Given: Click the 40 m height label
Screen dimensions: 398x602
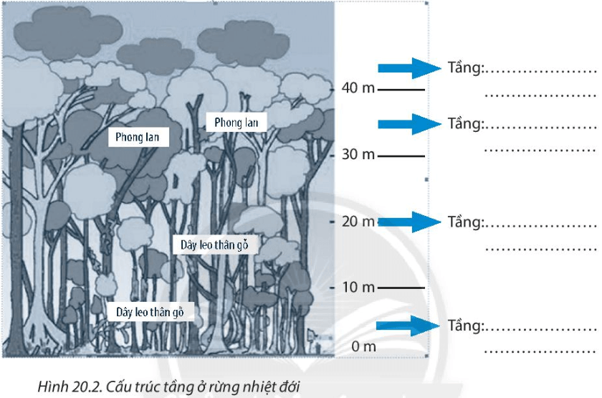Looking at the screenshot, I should click(358, 89).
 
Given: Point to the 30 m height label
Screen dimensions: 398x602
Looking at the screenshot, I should click(358, 155).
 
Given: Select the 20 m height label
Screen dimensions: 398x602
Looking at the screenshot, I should click(358, 222).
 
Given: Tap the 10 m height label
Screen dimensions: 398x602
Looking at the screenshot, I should click(358, 288).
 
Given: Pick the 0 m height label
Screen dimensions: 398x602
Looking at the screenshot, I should click(363, 346).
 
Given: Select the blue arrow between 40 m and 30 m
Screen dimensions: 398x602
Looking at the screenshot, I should click(408, 123).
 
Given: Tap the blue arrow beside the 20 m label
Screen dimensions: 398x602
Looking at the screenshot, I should click(408, 222).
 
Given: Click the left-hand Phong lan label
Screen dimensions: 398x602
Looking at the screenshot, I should click(138, 136).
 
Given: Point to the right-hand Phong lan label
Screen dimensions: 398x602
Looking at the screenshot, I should click(236, 123).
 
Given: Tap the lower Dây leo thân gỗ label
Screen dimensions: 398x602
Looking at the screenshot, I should click(156, 313).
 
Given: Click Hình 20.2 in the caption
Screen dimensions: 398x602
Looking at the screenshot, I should click(64, 387).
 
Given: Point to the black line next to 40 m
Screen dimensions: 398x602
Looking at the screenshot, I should click(401, 90).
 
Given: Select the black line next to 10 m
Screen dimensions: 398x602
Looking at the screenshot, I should click(401, 288).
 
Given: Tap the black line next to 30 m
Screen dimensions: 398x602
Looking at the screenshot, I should click(401, 156).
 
